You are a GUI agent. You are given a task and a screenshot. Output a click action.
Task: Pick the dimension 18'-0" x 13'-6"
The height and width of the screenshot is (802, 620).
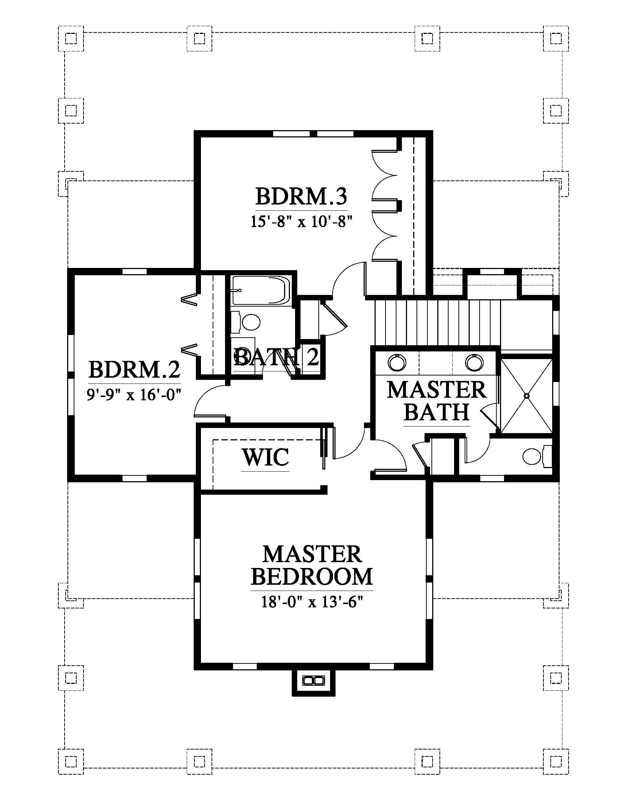tap(312, 602)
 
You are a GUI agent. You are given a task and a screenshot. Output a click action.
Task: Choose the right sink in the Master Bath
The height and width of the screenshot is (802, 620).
tap(474, 363)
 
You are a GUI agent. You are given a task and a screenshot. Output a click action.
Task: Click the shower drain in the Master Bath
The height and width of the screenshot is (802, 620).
tap(526, 396)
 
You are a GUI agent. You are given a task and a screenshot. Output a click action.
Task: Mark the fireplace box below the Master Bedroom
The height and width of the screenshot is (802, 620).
tap(313, 681)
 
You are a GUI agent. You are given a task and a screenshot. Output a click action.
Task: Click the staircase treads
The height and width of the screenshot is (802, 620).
tap(437, 322)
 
